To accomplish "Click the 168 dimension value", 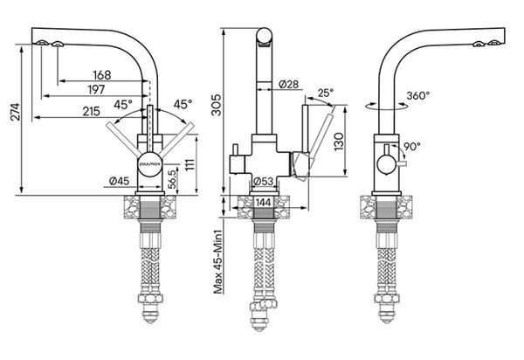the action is (x=102, y=75).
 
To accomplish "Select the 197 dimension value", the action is (x=96, y=90).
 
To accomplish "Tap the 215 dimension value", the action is (x=92, y=111).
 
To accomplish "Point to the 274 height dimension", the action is (x=16, y=112).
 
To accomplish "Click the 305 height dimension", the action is (x=217, y=105).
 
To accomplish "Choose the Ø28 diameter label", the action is (x=288, y=84).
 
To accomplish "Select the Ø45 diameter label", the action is (x=119, y=181).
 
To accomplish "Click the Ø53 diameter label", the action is (x=264, y=182).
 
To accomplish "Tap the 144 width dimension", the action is (x=264, y=202).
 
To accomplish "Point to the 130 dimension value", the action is (x=339, y=142).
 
